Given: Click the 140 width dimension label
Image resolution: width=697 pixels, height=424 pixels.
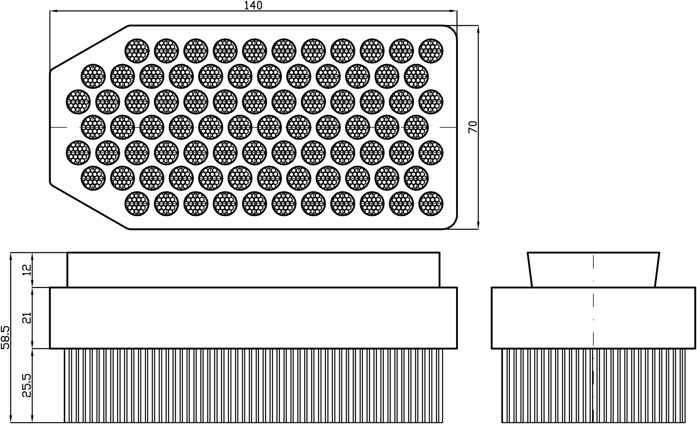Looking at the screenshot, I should click(253, 5).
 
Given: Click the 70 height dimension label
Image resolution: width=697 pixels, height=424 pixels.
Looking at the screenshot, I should click(473, 127).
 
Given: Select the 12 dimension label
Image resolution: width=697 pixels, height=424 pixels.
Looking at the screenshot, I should click(27, 270).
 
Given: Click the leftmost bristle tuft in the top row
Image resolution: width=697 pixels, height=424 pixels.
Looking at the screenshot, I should click(137, 51).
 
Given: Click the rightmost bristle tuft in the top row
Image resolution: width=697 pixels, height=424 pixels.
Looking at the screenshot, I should click(430, 51).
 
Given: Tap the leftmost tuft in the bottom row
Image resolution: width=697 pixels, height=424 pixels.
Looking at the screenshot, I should click(137, 204).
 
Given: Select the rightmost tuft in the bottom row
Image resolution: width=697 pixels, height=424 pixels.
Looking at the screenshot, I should click(430, 204).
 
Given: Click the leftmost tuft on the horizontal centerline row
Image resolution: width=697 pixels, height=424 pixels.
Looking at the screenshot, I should click(93, 127).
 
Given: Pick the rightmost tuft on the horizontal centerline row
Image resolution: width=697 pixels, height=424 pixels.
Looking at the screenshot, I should click(416, 127).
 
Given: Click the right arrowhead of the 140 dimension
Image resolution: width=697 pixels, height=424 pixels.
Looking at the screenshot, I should click(454, 11).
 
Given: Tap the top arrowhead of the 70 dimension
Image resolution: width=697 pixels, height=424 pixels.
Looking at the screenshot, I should click(478, 29).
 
